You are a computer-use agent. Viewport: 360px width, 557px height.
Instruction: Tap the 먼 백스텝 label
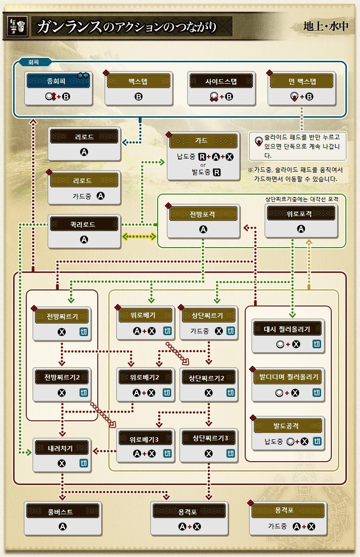point(302,81)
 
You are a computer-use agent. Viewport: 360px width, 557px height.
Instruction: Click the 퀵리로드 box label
point(85,224)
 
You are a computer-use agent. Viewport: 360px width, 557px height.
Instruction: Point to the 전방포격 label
point(203,213)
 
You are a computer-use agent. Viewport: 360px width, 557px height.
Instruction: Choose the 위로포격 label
point(301,213)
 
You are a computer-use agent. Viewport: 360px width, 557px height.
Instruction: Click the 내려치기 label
point(61,448)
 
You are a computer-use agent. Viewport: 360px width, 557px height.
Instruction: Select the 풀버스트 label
point(62,511)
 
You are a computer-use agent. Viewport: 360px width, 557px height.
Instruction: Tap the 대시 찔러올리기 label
point(288,329)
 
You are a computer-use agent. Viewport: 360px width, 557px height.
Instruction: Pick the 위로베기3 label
point(144,438)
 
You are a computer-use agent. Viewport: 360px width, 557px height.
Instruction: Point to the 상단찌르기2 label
point(208,377)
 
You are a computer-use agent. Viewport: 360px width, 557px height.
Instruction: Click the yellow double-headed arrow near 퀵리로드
point(139,237)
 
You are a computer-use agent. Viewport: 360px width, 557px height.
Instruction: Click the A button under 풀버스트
point(62,526)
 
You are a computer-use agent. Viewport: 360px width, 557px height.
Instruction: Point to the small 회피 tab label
point(34,63)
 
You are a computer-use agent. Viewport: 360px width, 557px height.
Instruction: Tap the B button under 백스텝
point(138,96)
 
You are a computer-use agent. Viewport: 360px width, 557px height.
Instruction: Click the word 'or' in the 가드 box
point(203,164)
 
